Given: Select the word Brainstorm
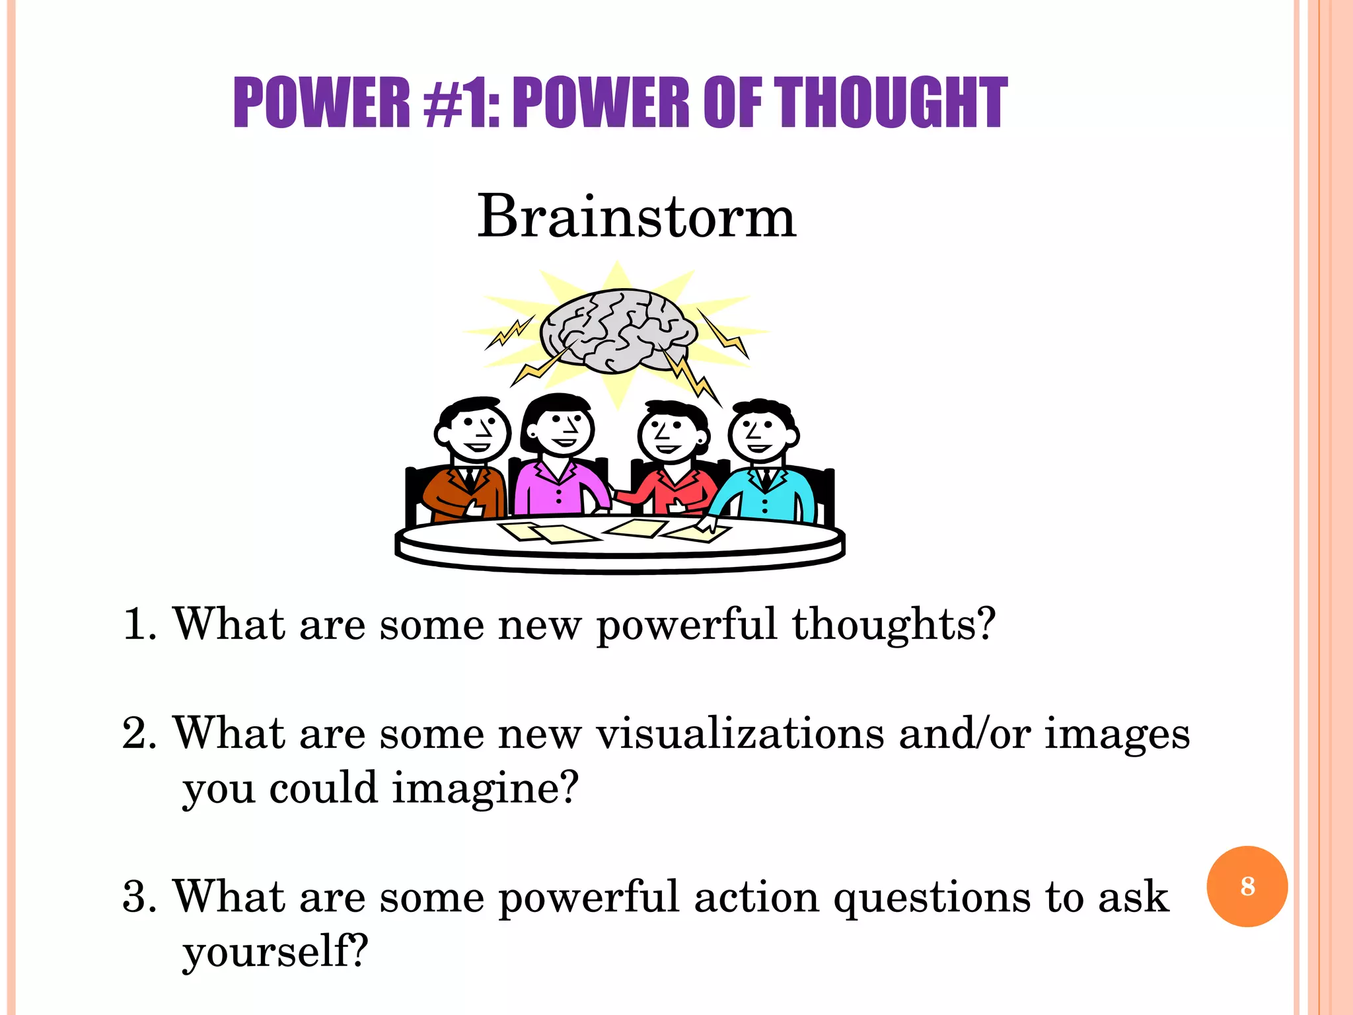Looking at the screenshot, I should pos(636,216).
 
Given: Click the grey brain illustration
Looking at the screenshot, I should pos(618,330).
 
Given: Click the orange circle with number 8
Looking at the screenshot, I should pos(1247,886).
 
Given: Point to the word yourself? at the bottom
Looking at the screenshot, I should pos(275,952).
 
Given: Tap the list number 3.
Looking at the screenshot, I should pos(138,897).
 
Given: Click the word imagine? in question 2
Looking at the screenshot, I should pos(486,789).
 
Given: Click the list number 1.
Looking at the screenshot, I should pos(138,624).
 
